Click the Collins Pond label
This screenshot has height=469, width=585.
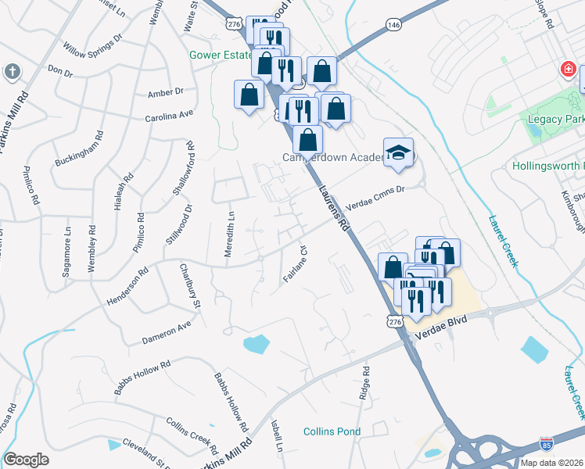pos(332,431)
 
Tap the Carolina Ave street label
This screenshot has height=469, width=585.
pos(168,115)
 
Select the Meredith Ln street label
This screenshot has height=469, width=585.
pos(231,227)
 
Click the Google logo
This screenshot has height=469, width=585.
pos(26,460)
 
